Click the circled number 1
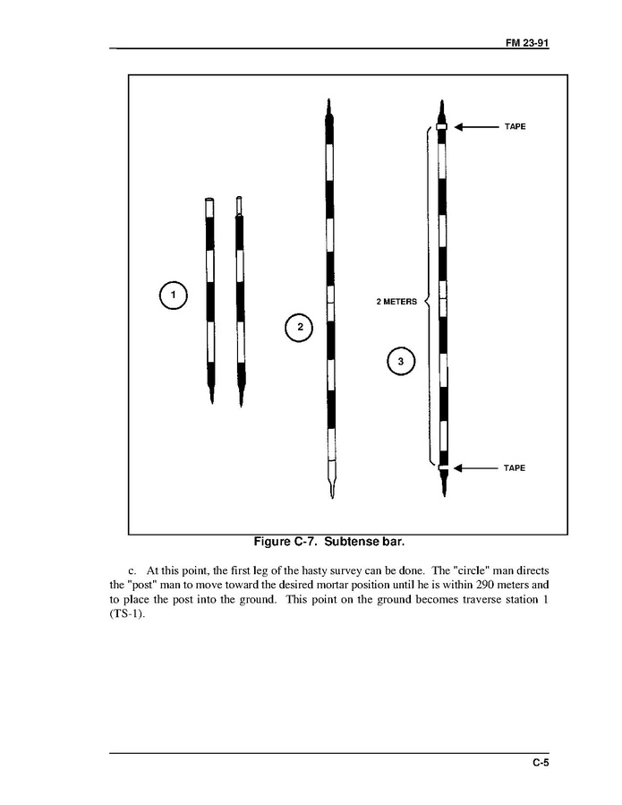point(173,295)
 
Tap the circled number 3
point(401,362)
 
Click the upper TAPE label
point(513,127)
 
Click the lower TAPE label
point(513,468)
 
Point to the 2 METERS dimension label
point(396,302)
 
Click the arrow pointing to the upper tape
point(474,127)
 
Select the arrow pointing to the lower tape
point(474,468)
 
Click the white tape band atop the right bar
point(441,127)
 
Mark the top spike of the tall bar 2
point(329,102)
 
